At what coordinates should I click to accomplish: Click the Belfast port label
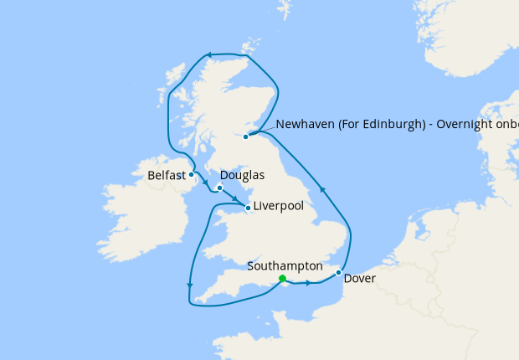click(x=166, y=176)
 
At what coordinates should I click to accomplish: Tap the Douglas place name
click(x=241, y=175)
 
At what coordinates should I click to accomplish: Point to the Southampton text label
click(x=285, y=266)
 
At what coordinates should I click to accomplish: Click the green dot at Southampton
click(x=283, y=279)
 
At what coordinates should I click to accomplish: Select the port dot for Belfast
click(x=192, y=175)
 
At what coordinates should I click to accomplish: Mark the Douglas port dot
click(x=219, y=188)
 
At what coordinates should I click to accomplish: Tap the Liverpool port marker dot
click(x=248, y=206)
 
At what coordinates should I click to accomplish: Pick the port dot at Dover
click(x=338, y=272)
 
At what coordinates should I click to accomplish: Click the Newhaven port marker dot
click(x=246, y=136)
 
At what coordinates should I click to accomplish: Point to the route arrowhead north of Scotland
click(x=211, y=56)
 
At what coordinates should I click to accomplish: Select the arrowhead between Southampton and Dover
click(x=309, y=283)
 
